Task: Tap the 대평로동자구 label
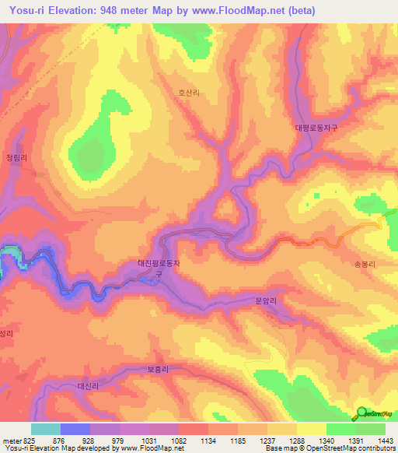[x=319, y=127]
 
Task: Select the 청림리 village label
[x=16, y=157]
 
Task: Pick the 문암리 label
[x=266, y=300]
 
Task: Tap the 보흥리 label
[x=157, y=370]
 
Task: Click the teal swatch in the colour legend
[x=46, y=429]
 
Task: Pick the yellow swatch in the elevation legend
[x=312, y=429]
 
